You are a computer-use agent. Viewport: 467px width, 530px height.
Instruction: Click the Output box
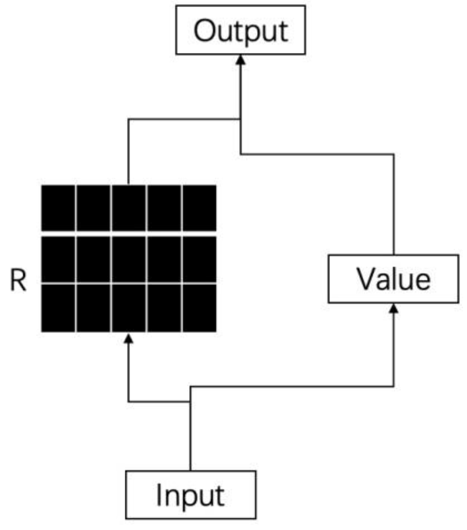[x=241, y=30]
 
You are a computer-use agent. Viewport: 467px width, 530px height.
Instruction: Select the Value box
[x=393, y=279]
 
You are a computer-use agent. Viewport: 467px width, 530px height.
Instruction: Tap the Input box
[x=191, y=495]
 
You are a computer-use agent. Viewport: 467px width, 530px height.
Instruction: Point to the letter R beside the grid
[x=18, y=281]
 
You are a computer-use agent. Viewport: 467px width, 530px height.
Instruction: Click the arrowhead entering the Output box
[x=241, y=60]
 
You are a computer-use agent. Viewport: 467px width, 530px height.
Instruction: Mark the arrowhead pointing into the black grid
[x=129, y=338]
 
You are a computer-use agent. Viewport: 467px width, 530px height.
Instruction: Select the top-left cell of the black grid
[x=58, y=208]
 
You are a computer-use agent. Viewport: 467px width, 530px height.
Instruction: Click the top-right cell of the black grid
[x=200, y=208]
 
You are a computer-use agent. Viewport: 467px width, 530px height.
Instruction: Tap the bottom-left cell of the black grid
[x=58, y=308]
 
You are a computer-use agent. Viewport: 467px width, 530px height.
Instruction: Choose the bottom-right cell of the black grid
[x=200, y=308]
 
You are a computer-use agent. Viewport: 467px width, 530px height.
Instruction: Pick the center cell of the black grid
[x=129, y=259]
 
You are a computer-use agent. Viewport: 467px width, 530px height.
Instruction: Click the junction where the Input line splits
[x=190, y=401]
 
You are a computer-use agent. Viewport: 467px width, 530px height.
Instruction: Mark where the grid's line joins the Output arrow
[x=240, y=119]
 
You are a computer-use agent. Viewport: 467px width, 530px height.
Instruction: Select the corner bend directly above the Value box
[x=394, y=154]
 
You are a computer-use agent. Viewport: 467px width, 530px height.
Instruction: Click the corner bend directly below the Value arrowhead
[x=394, y=386]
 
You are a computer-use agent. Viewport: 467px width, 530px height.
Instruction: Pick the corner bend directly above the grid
[x=129, y=119]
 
